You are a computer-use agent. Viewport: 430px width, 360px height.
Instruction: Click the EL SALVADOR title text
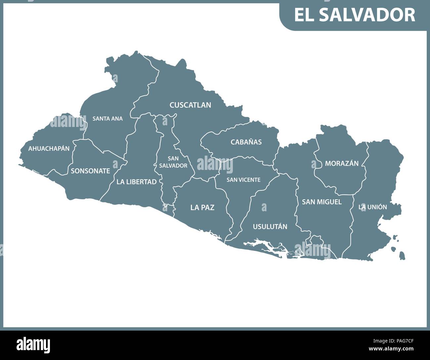tap(355, 15)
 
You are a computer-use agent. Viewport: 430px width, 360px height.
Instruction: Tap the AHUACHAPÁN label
tap(49, 148)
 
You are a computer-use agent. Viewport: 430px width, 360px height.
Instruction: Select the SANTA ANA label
tap(107, 118)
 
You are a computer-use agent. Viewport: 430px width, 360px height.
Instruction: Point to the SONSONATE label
tap(90, 171)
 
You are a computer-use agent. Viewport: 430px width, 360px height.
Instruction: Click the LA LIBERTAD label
tap(136, 182)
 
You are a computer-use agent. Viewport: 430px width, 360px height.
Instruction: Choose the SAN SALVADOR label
tap(173, 162)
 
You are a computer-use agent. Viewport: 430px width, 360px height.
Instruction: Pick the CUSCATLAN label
tap(190, 105)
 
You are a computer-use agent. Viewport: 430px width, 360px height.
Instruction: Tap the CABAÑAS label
tap(246, 142)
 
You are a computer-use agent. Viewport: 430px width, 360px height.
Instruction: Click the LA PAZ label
tap(202, 208)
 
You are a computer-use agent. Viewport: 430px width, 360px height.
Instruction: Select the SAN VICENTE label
tap(243, 180)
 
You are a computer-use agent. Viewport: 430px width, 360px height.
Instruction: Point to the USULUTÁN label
tap(270, 227)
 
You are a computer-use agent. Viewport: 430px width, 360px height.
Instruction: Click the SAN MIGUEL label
tap(322, 202)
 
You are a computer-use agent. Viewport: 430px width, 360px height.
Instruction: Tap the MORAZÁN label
tap(342, 163)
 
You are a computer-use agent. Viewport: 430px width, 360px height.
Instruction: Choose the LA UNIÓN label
tap(373, 207)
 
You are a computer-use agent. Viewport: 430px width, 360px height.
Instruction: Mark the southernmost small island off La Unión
tap(402, 256)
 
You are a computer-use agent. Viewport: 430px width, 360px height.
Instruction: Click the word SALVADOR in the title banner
tap(367, 15)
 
